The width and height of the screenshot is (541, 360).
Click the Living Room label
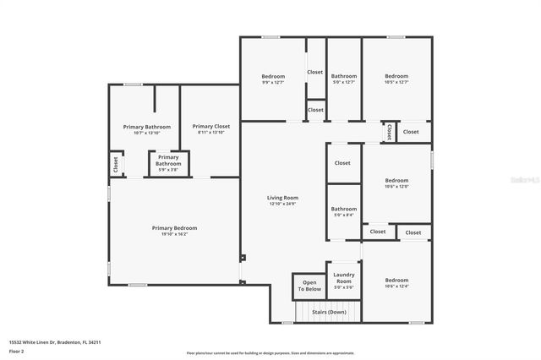tap(283, 198)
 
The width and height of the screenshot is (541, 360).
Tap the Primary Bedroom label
tap(174, 227)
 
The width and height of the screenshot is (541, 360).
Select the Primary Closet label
tap(210, 126)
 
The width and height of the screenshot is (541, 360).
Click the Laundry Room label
tap(343, 278)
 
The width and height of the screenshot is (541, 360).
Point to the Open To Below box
tap(309, 286)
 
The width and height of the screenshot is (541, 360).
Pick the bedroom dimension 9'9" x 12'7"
tap(271, 82)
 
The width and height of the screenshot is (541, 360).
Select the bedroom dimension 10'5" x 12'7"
tap(396, 82)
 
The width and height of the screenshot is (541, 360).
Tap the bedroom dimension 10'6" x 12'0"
tap(396, 186)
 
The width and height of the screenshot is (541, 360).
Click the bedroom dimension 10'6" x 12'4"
tap(396, 286)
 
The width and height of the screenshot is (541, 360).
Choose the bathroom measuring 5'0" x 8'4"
tap(343, 215)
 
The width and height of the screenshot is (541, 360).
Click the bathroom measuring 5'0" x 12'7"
tap(343, 82)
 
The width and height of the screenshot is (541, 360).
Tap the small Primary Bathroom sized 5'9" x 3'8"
tap(168, 169)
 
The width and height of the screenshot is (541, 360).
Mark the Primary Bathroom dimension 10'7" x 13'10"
tap(140, 133)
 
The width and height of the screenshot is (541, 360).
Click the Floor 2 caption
tap(17, 350)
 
